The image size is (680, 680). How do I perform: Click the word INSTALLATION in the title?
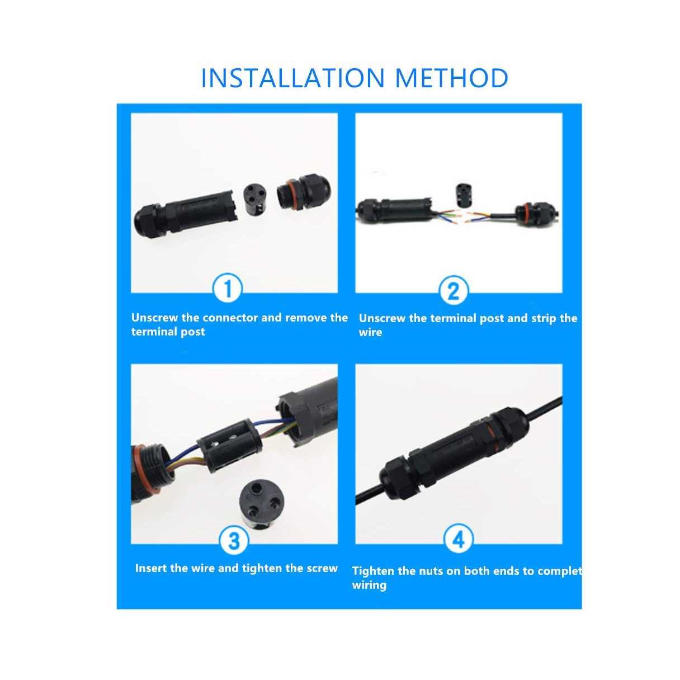click(291, 78)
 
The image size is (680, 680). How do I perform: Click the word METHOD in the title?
click(451, 78)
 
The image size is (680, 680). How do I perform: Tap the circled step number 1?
click(228, 289)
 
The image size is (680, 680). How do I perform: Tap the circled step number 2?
click(454, 291)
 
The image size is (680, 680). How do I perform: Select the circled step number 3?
click(234, 541)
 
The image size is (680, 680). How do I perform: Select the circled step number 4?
click(458, 540)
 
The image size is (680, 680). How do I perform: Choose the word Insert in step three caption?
click(150, 568)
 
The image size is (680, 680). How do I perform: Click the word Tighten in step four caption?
click(373, 571)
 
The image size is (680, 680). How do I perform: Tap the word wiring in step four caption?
click(369, 585)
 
